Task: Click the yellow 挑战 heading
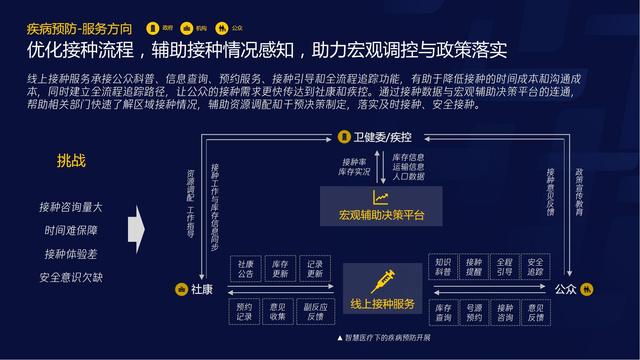71,160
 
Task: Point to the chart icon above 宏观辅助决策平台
381,197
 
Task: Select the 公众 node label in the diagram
565,289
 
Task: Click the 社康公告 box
245,268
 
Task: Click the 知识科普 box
443,268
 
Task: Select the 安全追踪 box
535,268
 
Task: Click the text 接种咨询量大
71,208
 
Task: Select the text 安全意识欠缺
71,277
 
